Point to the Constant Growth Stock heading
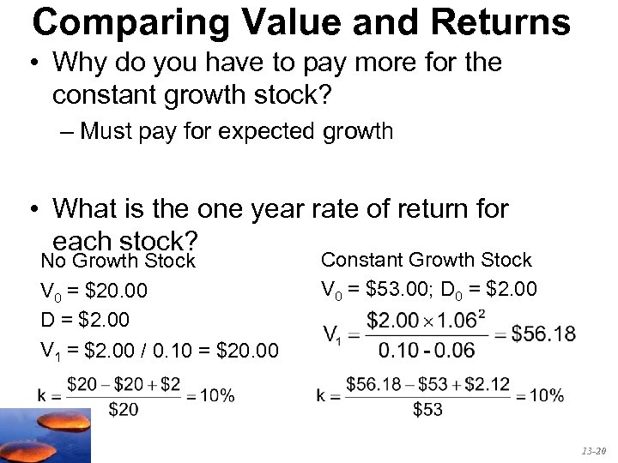tap(426, 260)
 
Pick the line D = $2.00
tap(85, 320)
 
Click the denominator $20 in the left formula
tap(124, 410)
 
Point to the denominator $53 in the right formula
tap(427, 410)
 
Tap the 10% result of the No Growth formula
tap(215, 395)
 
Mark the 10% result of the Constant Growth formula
tap(546, 395)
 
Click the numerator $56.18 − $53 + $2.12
tap(427, 384)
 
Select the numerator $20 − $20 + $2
tap(124, 384)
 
